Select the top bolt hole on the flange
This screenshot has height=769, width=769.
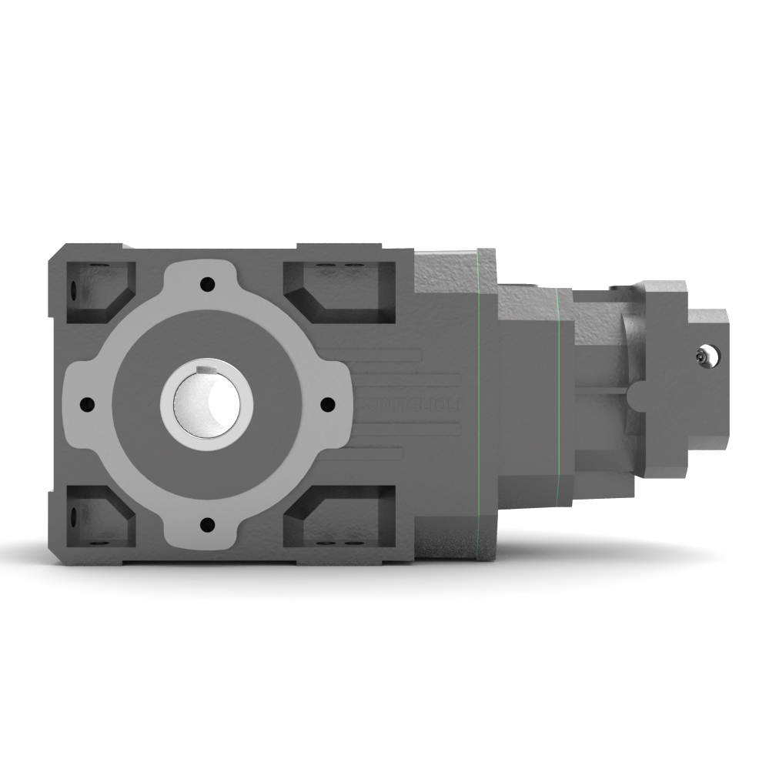[206, 285]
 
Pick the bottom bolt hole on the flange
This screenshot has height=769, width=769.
[206, 525]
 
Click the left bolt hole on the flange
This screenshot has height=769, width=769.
[87, 404]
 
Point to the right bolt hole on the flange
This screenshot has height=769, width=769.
[326, 404]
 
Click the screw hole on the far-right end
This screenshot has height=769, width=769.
[707, 356]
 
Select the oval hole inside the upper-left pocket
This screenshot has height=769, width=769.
[74, 291]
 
